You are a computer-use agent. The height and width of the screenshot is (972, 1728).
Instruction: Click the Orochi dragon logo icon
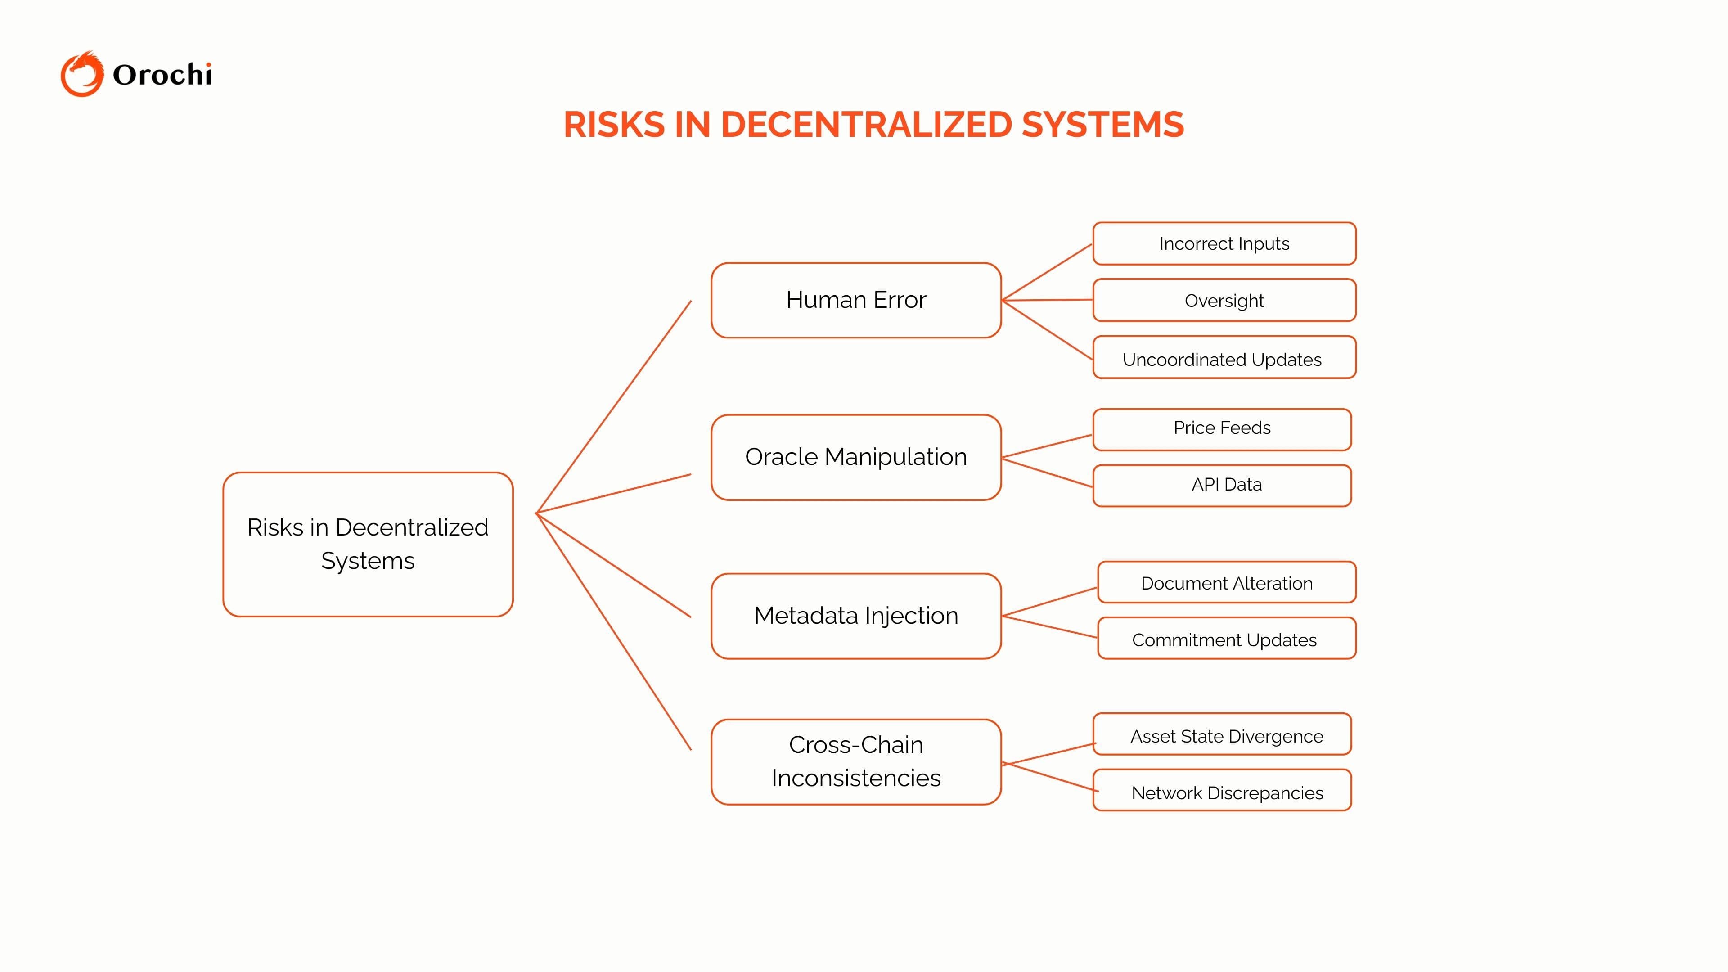[x=82, y=74]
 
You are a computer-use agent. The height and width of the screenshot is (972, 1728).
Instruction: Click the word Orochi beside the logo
[x=162, y=74]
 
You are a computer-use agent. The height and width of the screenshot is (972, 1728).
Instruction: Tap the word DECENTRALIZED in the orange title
[x=865, y=125]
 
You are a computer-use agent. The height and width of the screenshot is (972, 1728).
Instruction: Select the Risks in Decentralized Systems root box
[x=368, y=544]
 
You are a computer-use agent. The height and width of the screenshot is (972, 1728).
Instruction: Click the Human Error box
[x=856, y=300]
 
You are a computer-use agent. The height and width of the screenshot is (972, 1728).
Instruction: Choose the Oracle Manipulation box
[x=856, y=457]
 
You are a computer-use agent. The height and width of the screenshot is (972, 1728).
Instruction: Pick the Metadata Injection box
[x=856, y=616]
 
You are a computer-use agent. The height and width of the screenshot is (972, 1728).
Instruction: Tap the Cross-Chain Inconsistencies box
[x=856, y=761]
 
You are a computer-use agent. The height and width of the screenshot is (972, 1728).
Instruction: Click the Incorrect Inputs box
[x=1224, y=243]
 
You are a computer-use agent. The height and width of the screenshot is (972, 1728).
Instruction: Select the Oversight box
[x=1224, y=301]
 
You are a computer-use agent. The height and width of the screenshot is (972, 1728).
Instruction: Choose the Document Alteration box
[x=1226, y=582]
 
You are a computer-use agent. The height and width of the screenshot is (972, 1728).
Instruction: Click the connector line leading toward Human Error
[x=614, y=406]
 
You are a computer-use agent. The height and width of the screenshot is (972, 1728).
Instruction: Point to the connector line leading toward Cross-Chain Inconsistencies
[x=614, y=631]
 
